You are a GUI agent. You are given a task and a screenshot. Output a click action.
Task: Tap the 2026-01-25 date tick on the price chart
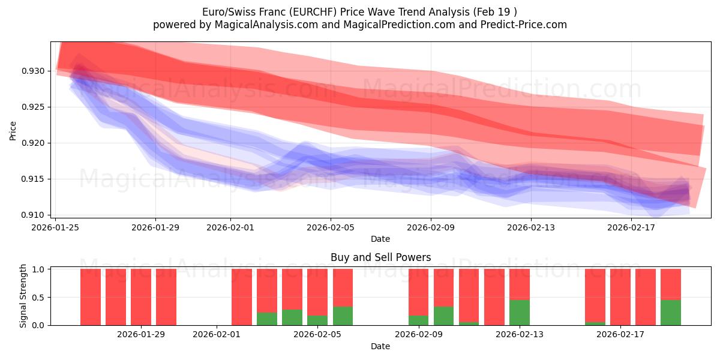56,227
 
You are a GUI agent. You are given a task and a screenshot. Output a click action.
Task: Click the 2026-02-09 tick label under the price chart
430,227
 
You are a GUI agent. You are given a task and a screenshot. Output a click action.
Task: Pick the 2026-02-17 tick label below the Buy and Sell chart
630,334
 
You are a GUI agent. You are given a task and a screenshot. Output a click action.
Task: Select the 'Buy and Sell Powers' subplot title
380,257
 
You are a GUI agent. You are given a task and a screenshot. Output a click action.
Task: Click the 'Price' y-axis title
13,130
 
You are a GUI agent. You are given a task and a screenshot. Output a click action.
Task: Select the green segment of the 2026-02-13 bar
520,312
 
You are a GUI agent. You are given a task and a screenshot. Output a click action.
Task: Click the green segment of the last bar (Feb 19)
671,312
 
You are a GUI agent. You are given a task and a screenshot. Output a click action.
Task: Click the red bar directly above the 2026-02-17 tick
620,297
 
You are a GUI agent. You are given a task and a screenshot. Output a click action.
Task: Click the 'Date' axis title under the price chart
380,239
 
